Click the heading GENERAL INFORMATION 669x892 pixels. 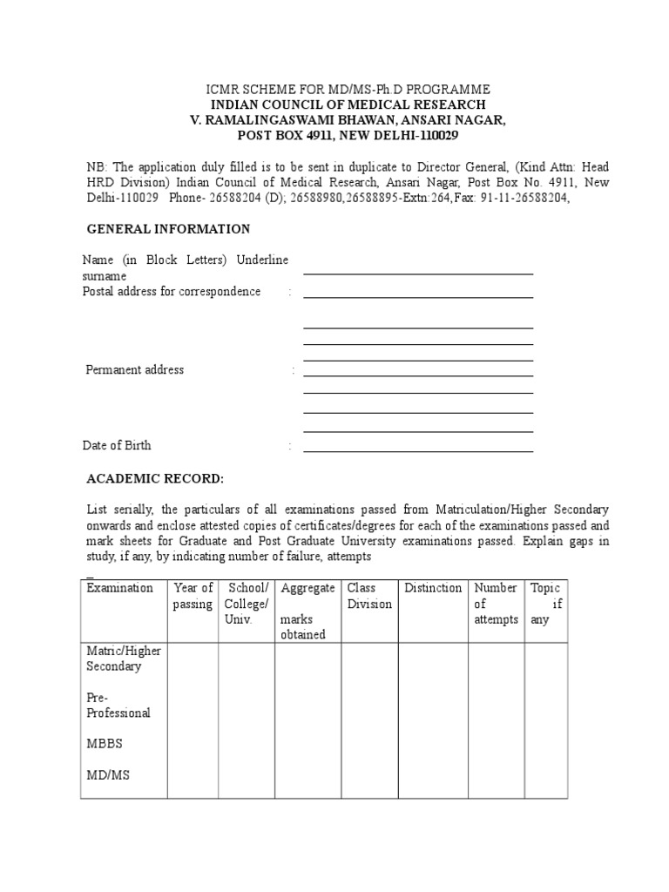pos(168,229)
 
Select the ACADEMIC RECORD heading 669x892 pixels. pos(155,479)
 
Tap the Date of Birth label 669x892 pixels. pos(117,445)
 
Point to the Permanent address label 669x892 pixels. pos(135,369)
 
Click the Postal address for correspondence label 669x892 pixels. pos(172,291)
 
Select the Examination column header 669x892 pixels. pos(120,588)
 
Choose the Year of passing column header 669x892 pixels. pos(193,596)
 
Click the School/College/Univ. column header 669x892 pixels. pos(247,604)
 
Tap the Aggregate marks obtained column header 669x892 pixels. pos(307,612)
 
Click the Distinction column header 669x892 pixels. pos(433,588)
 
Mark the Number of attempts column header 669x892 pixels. pos(496,604)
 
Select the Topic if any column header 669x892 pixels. pos(546,604)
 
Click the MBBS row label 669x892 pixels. pos(104,744)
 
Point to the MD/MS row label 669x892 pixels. pos(108,774)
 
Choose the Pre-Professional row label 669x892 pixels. pos(118,705)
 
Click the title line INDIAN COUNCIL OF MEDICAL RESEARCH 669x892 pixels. pos(347,105)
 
